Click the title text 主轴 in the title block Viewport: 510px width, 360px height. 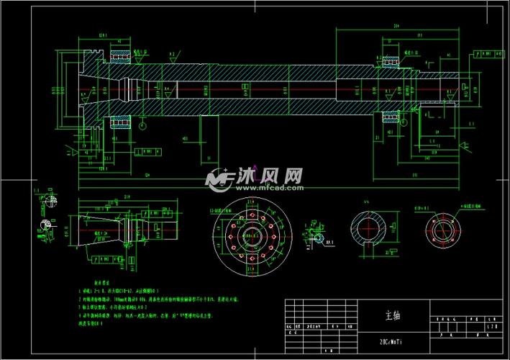(391, 315)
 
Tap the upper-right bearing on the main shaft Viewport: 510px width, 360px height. (391, 62)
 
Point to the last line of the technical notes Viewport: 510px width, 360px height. (94, 323)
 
